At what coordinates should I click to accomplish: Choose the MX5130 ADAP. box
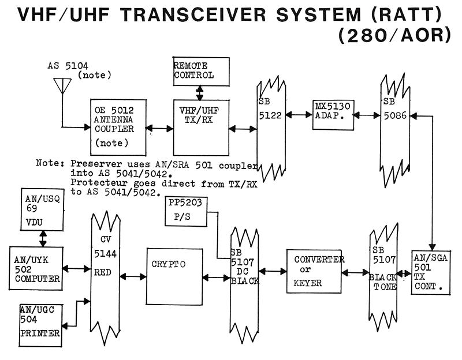(333, 114)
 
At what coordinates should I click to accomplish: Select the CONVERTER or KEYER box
(313, 271)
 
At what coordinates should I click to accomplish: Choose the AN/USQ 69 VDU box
(39, 208)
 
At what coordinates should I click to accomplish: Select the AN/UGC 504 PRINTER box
(39, 324)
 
